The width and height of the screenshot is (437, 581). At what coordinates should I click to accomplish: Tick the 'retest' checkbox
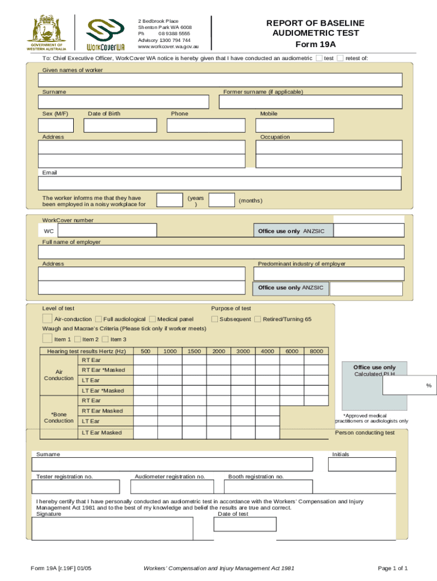click(340, 58)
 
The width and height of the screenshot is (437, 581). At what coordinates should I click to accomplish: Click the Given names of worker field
click(220, 80)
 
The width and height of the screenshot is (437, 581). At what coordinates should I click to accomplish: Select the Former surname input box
click(310, 102)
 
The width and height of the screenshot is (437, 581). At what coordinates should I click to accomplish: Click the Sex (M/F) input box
click(56, 125)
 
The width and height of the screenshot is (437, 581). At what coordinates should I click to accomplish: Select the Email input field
click(220, 183)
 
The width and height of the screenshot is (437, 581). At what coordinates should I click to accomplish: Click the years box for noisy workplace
click(169, 200)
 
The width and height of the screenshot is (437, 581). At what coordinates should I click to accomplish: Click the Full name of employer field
click(221, 252)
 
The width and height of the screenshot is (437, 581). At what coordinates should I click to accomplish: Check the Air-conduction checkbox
click(48, 319)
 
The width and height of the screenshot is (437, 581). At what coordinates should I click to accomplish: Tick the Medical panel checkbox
click(153, 319)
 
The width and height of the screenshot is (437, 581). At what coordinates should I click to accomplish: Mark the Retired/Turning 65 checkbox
click(258, 319)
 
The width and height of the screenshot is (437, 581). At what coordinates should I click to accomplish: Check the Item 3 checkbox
click(105, 339)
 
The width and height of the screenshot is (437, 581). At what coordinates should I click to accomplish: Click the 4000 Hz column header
click(267, 352)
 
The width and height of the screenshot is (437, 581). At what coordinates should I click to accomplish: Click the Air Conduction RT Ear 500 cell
click(145, 360)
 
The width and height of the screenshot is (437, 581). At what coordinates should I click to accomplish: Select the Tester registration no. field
click(76, 487)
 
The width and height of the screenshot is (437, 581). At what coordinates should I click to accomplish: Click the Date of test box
click(245, 524)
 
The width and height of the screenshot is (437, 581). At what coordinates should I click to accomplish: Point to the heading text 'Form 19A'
click(316, 43)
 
